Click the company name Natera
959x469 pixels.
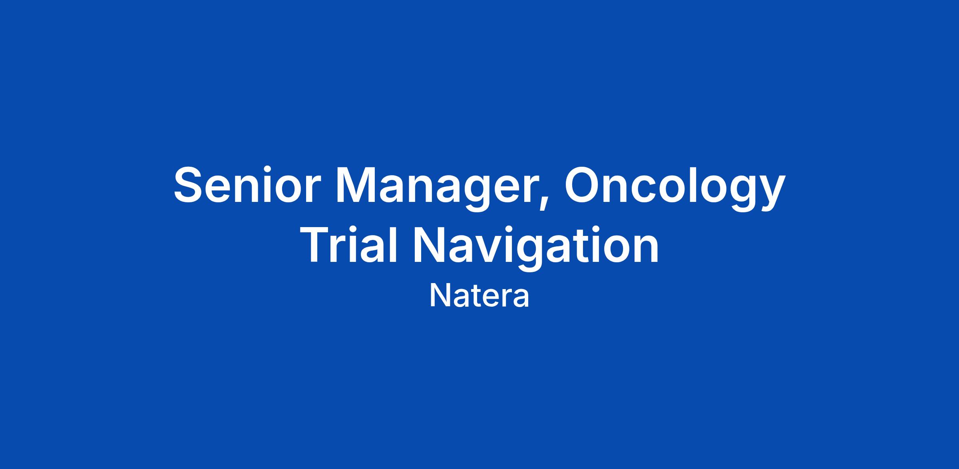coord(479,296)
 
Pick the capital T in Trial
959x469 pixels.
coord(320,244)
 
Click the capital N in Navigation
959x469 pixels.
coord(430,244)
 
